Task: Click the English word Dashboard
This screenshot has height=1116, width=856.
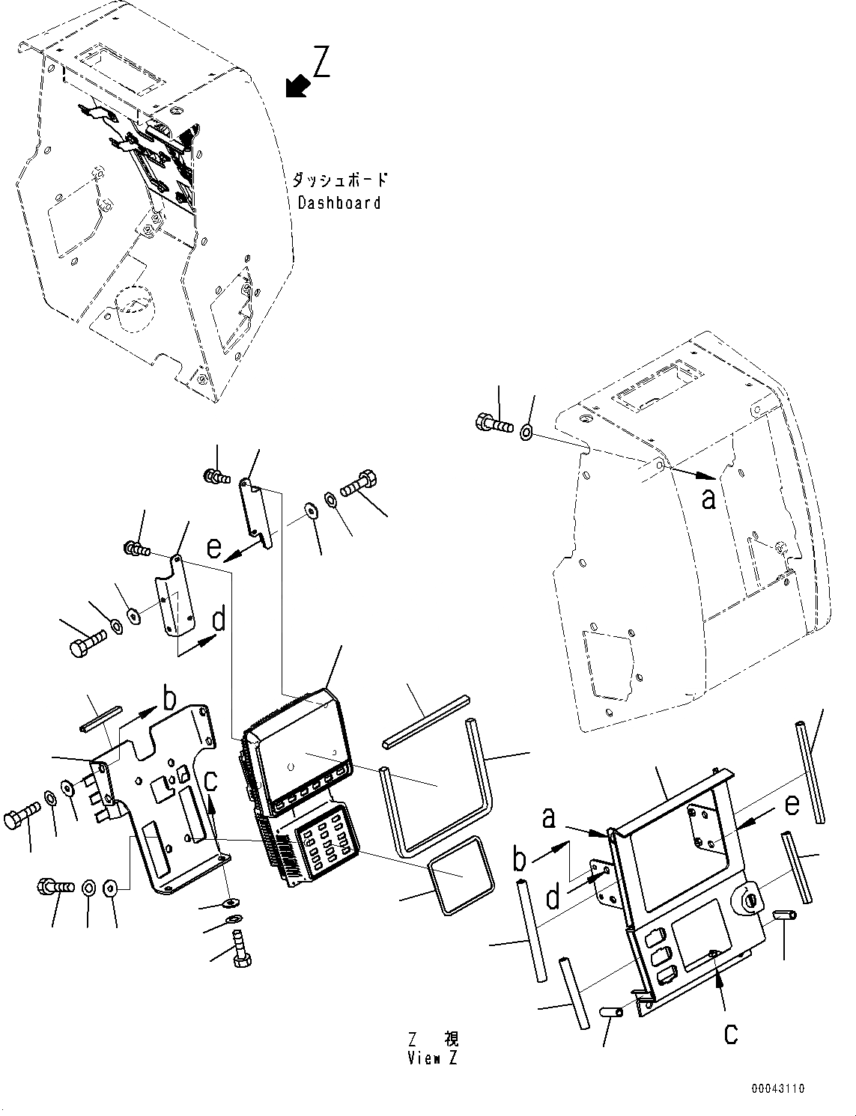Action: click(339, 203)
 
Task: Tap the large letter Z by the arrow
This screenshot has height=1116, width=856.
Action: click(321, 62)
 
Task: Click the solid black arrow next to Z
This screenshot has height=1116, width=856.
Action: click(298, 86)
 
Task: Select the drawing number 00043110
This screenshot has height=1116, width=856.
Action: click(779, 1088)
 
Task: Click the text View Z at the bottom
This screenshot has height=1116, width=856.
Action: click(434, 1058)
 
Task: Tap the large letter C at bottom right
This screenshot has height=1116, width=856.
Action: click(730, 1033)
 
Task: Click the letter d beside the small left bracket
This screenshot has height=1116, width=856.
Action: click(219, 620)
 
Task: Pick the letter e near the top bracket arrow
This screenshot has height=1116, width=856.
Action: click(214, 548)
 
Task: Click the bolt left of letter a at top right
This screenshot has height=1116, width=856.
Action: click(493, 424)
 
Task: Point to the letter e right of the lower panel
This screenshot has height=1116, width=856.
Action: click(792, 805)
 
